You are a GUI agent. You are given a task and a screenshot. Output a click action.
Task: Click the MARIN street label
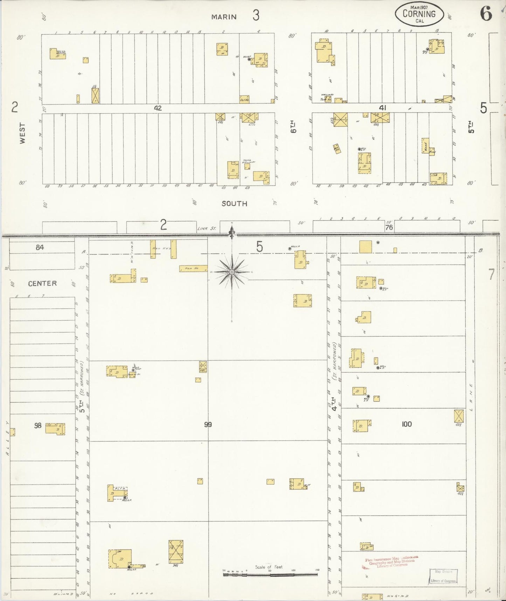coord(224,16)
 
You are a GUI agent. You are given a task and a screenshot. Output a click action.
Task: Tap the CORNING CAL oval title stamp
coord(419,15)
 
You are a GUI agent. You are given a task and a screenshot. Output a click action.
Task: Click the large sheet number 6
coord(486,14)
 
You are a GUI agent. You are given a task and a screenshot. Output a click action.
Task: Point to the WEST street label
coord(22,133)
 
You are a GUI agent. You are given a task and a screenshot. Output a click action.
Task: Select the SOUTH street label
coord(234,203)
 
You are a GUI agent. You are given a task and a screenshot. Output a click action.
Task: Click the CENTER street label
coord(42,283)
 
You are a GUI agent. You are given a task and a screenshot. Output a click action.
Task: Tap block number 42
coord(158,108)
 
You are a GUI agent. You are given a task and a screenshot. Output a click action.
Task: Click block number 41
coord(382,108)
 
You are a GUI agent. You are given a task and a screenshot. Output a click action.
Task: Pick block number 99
coord(208,425)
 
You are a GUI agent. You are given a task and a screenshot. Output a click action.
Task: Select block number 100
coord(406,424)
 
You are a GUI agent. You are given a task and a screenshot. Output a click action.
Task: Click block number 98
coord(38,425)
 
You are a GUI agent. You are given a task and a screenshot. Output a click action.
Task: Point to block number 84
coord(40,248)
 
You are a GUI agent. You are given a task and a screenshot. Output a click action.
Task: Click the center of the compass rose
coord(231,272)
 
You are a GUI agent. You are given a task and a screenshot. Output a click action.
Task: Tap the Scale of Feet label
coord(269,567)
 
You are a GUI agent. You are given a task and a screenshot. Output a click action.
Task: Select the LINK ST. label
coord(207,229)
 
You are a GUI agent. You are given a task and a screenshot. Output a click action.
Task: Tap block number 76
coord(389,227)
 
